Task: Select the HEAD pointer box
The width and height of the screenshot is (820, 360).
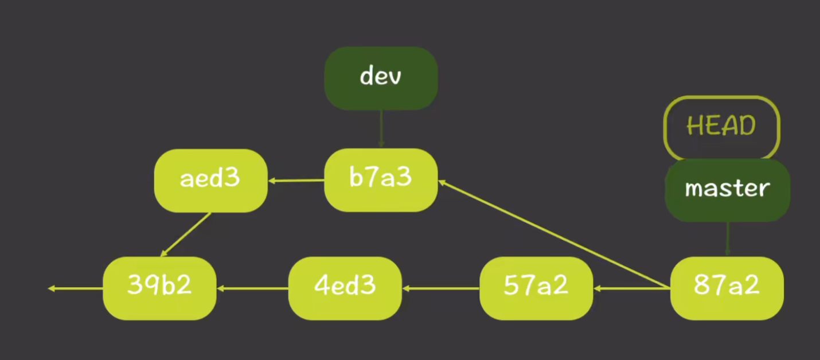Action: (x=721, y=127)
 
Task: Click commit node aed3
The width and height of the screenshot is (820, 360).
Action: (x=210, y=180)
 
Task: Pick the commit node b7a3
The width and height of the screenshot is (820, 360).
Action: (x=381, y=179)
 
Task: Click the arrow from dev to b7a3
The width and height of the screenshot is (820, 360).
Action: (x=381, y=128)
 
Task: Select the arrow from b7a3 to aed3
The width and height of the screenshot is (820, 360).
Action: (x=296, y=181)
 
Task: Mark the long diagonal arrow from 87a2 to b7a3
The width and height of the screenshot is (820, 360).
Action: (x=554, y=234)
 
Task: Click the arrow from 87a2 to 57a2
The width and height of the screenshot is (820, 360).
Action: (x=632, y=288)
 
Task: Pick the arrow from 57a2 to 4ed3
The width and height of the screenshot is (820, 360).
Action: (x=441, y=288)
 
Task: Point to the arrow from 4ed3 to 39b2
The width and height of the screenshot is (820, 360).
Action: (x=252, y=288)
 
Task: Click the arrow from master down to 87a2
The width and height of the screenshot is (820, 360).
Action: (x=727, y=239)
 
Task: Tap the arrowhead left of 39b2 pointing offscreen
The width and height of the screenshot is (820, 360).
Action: (x=52, y=288)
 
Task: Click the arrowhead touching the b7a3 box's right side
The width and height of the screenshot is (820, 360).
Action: (x=442, y=183)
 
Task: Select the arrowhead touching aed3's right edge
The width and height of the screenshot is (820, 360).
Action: (x=272, y=181)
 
